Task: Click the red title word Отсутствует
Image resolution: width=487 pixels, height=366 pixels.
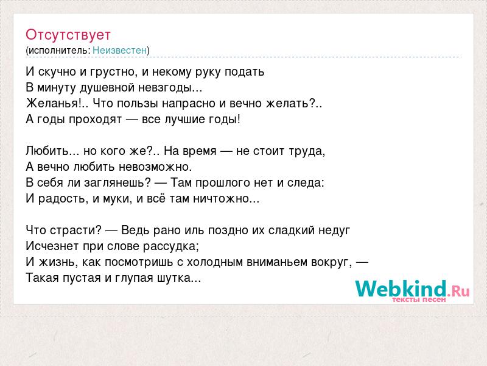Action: click(68, 35)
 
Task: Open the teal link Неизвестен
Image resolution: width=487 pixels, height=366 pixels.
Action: click(119, 50)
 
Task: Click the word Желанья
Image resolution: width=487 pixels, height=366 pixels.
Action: click(52, 103)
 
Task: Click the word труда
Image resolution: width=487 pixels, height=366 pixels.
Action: click(307, 151)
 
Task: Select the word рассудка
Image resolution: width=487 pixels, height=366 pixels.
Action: click(169, 246)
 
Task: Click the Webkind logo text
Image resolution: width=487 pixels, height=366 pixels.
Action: click(401, 289)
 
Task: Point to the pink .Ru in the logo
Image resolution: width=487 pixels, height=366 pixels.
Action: click(458, 292)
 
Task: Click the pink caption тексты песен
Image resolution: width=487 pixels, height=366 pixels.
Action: click(419, 300)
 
